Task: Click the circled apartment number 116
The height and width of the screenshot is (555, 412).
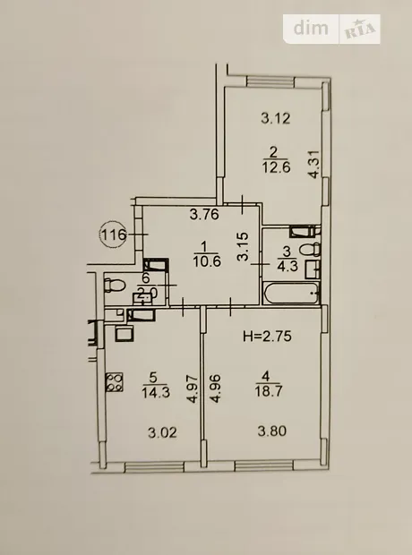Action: point(113,234)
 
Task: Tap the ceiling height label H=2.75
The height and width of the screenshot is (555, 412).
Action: point(267,336)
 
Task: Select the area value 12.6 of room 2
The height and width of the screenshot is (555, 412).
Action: point(277,167)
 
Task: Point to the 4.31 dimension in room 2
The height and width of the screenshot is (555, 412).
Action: point(314,165)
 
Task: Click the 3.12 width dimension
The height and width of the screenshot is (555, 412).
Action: point(276,118)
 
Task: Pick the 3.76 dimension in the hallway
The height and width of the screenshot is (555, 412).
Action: point(204,214)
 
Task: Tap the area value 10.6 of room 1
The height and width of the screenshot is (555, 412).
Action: point(207,262)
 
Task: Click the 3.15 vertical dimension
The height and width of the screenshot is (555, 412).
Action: point(244,247)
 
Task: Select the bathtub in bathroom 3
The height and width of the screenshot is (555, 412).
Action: point(291,293)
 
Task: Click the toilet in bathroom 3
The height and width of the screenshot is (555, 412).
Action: point(310,250)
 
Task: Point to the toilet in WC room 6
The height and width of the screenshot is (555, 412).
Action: point(115,285)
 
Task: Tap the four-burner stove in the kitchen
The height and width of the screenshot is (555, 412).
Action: point(114,382)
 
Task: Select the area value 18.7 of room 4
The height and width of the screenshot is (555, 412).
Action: point(268,391)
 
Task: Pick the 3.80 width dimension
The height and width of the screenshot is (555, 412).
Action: point(271,431)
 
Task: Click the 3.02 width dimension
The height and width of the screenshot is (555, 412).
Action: point(162,432)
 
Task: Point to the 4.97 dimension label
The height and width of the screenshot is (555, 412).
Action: point(193,389)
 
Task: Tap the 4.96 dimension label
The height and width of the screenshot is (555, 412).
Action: point(216,388)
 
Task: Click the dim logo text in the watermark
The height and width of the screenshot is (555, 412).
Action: point(311,29)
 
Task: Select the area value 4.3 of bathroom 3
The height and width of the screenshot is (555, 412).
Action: point(288,266)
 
